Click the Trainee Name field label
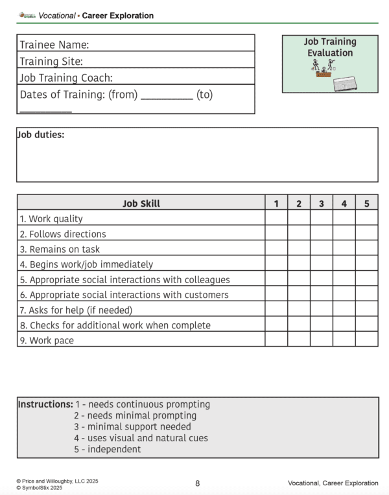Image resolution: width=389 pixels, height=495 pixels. pyautogui.click(x=54, y=45)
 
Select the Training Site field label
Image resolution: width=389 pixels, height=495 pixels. pyautogui.click(x=51, y=62)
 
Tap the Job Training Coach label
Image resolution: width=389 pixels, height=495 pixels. pyautogui.click(x=66, y=78)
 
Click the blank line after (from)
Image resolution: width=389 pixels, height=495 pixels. pyautogui.click(x=167, y=96)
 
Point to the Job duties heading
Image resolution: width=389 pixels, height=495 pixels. pyautogui.click(x=40, y=135)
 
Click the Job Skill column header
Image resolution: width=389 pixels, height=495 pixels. pyautogui.click(x=141, y=203)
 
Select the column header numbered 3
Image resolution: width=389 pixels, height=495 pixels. pyautogui.click(x=322, y=203)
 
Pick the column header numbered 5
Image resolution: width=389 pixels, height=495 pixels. pyautogui.click(x=366, y=203)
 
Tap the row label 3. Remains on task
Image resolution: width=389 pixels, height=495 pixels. pyautogui.click(x=60, y=249)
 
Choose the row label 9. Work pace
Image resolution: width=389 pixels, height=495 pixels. pyautogui.click(x=47, y=340)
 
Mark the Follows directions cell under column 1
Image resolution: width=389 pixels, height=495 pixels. pyautogui.click(x=276, y=234)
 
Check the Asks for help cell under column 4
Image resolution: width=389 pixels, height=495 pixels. pyautogui.click(x=344, y=310)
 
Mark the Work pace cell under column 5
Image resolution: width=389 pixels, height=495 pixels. pyautogui.click(x=366, y=340)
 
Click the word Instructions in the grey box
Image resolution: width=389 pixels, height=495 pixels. pyautogui.click(x=45, y=404)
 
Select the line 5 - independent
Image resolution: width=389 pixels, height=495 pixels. pyautogui.click(x=107, y=449)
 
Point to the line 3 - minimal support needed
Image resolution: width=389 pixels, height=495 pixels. pyautogui.click(x=132, y=427)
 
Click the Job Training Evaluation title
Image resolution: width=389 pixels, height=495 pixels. pyautogui.click(x=330, y=47)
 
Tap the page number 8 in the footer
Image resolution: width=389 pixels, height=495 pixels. pyautogui.click(x=197, y=483)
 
